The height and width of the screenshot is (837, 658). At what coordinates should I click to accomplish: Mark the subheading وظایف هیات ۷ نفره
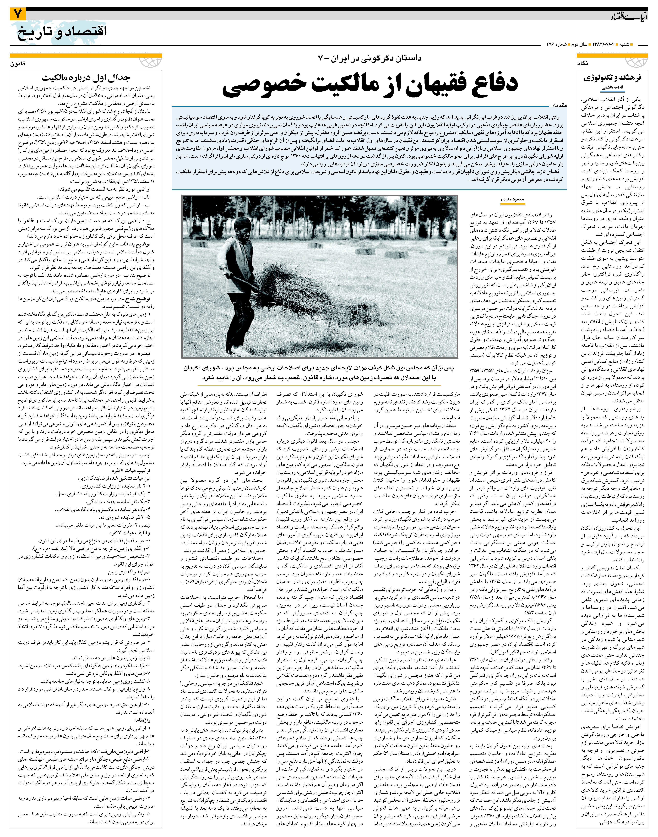[131, 533]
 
